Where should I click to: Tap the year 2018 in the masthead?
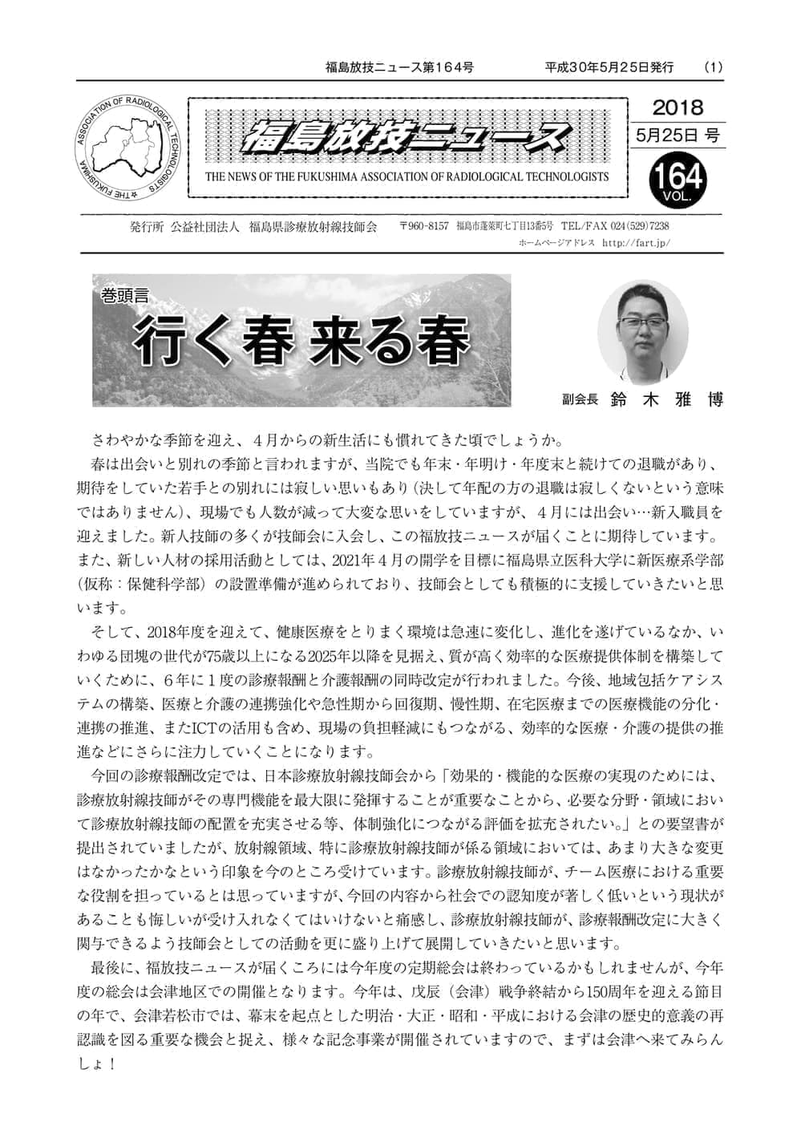[x=678, y=107]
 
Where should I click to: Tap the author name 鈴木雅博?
[x=665, y=399]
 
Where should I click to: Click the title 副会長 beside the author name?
[x=581, y=399]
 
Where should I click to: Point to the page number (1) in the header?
[x=713, y=67]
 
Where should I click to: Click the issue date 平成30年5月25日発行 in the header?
[x=609, y=67]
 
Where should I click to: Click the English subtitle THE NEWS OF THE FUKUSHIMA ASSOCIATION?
[x=407, y=176]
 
